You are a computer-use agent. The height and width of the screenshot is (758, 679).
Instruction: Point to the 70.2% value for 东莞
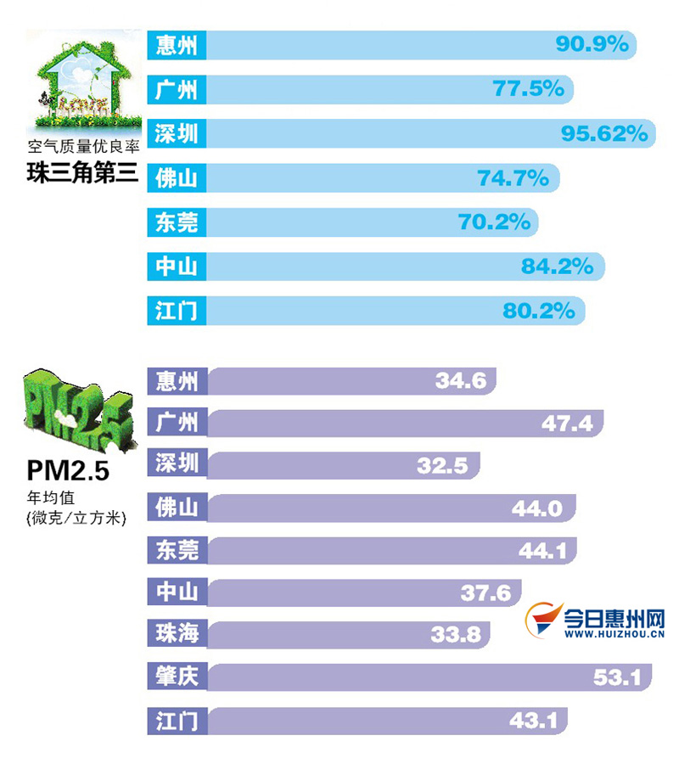click(x=495, y=222)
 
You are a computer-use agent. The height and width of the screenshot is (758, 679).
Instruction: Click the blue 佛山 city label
click(x=177, y=177)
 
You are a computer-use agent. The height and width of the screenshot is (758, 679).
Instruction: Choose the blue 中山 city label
click(x=177, y=267)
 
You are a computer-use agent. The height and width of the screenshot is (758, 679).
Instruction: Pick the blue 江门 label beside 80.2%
click(x=177, y=311)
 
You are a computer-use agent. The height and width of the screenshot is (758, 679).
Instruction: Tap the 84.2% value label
click(x=557, y=267)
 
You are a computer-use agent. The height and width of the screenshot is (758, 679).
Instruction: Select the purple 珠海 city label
click(x=177, y=633)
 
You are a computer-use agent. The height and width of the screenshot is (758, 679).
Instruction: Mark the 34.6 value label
click(x=461, y=380)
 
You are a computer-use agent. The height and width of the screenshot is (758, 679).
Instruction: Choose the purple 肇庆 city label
click(x=177, y=677)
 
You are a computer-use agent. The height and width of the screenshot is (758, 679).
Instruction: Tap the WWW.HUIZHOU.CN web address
click(x=614, y=634)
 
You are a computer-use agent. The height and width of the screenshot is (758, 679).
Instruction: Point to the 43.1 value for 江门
click(x=534, y=721)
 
